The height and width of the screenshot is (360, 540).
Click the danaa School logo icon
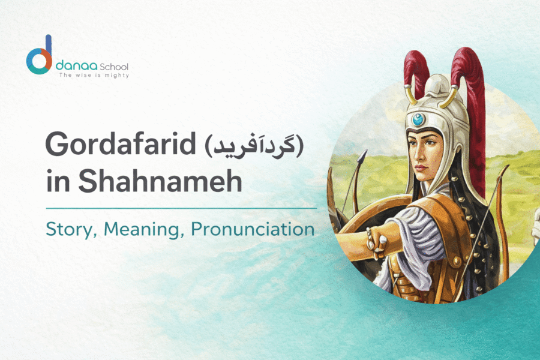pos(40,57)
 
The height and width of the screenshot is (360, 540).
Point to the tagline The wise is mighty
pos(93,76)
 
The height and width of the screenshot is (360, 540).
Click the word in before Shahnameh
pos(58,182)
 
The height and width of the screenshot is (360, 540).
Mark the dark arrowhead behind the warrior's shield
pos(361,158)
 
